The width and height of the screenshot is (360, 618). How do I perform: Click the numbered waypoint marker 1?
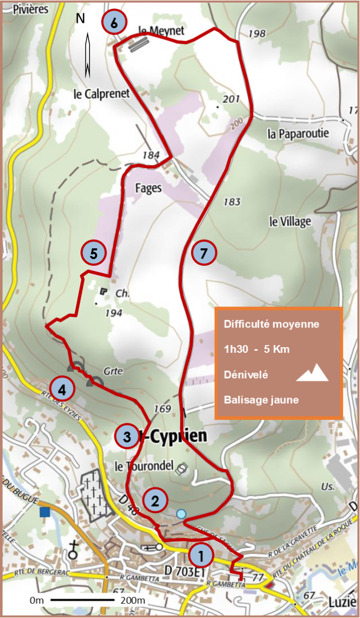[201, 555]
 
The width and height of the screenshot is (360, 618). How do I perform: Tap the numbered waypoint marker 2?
[155, 500]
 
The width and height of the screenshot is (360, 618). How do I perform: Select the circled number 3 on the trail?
[127, 437]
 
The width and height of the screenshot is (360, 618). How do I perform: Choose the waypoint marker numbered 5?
[94, 253]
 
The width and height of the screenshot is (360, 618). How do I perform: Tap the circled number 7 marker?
[204, 253]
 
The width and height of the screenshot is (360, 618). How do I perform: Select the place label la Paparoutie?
[298, 134]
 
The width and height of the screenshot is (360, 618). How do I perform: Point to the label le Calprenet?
[101, 94]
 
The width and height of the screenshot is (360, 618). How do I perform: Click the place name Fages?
[149, 188]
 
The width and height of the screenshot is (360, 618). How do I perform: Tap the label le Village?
[290, 221]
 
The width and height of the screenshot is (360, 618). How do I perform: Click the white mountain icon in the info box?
[312, 373]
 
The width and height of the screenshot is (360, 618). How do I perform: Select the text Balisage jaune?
[261, 400]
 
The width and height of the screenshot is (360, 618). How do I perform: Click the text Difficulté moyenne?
[271, 324]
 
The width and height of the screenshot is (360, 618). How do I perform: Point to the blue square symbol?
[45, 511]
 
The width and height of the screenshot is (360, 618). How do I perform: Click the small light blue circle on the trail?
[181, 513]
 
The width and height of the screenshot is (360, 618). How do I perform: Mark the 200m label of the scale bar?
[132, 600]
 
